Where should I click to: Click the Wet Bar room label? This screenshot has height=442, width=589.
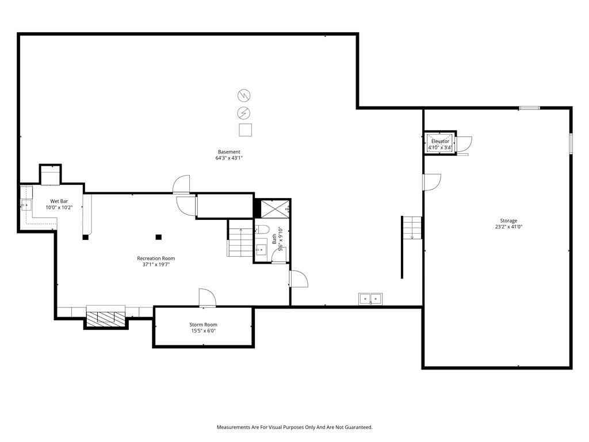point(59,201)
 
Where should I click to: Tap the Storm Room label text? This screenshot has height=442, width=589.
point(203,325)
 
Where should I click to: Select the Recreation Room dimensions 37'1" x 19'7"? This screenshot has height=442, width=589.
point(156,265)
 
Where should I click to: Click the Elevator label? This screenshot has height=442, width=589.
point(440,142)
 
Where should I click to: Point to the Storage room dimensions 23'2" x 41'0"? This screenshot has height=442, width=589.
point(508,227)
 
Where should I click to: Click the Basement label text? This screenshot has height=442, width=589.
point(229,152)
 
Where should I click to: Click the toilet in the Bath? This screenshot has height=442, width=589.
point(262,229)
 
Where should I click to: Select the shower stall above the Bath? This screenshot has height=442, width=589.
point(276,209)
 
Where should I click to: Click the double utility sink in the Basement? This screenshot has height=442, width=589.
point(370,299)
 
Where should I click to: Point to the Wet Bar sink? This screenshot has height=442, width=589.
point(26,205)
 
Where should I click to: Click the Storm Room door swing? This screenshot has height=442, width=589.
point(207,298)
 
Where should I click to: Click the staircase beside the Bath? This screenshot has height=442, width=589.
point(240,238)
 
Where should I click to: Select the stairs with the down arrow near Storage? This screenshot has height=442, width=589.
point(412,227)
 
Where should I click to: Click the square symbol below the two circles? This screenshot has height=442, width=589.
point(245,129)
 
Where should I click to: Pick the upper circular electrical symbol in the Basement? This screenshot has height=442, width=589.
point(244,96)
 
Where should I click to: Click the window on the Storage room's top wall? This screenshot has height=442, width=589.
point(530,108)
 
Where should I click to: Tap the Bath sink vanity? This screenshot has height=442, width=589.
point(261,249)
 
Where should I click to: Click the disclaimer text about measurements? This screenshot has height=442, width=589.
point(294,428)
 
